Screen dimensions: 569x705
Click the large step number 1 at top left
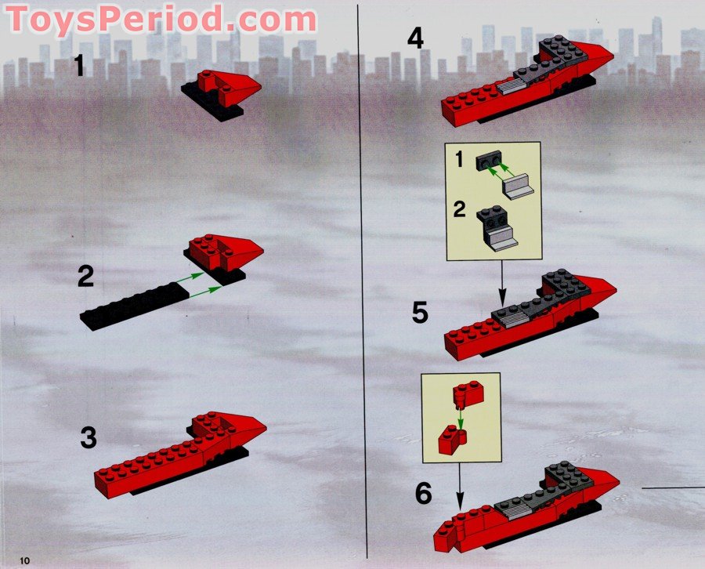coord(78,66)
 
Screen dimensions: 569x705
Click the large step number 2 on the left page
coord(86,276)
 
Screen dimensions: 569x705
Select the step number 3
coord(89,437)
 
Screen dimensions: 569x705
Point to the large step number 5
coord(421,313)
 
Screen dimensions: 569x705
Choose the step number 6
coord(424,494)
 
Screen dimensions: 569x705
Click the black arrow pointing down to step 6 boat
coord(459,486)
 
